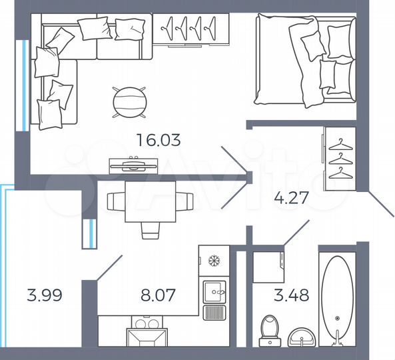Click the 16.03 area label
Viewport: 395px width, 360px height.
(159, 141)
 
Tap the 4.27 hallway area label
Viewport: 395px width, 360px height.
(293, 197)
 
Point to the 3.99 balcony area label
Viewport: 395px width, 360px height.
(45, 295)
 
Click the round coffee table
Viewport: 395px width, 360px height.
(129, 102)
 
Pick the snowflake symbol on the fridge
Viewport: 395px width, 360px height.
(214, 260)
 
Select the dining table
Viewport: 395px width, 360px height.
(151, 200)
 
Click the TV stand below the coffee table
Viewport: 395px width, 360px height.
(133, 164)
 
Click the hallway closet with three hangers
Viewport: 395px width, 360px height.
(340, 159)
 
